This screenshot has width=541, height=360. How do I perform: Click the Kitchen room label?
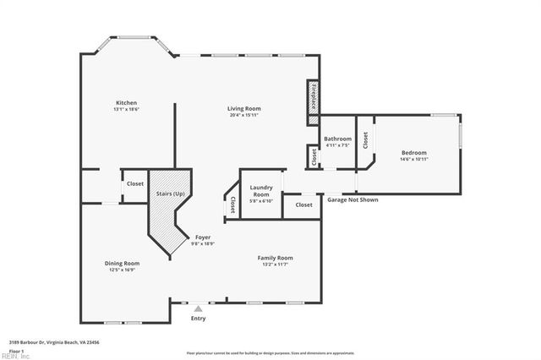(126, 103)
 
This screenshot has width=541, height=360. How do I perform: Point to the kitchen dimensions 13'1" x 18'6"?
(126, 110)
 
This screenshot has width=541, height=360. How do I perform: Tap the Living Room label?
(243, 108)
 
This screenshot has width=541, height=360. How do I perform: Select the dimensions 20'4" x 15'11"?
(243, 115)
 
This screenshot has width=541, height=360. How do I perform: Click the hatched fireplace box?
(312, 96)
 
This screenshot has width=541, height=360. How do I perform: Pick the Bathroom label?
(337, 138)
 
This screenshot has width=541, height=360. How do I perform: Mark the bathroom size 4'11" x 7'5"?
(337, 145)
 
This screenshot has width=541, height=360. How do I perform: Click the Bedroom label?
(413, 153)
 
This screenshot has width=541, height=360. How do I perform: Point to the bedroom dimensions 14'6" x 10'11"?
(413, 160)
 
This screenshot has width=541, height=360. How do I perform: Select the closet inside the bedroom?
(365, 140)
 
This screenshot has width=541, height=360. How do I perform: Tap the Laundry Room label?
(260, 191)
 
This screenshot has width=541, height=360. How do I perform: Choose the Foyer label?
(203, 237)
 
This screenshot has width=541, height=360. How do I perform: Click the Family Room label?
(275, 257)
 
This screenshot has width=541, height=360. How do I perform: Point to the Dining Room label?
(122, 263)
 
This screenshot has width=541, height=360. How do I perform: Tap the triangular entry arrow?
(198, 308)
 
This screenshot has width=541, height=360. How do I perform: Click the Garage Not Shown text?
(352, 200)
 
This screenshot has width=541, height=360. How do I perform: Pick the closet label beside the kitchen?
(135, 183)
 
